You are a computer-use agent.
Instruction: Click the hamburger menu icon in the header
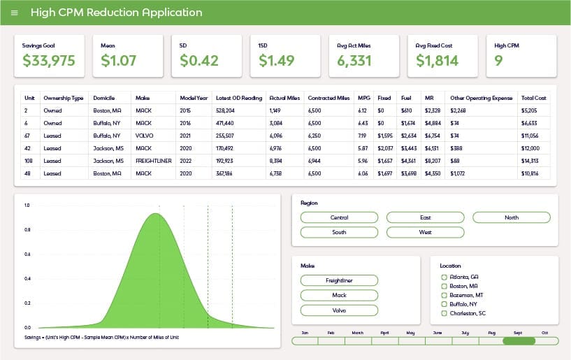(x=15, y=13)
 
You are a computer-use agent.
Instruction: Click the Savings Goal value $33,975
(x=49, y=61)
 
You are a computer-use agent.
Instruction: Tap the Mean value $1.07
(x=118, y=61)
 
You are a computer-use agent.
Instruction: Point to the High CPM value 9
(x=498, y=61)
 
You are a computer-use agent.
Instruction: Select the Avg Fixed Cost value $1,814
(x=437, y=61)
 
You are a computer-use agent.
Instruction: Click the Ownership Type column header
(x=64, y=98)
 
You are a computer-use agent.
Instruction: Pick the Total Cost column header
(x=533, y=98)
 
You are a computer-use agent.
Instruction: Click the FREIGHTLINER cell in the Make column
(x=153, y=161)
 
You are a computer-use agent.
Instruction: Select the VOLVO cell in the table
(x=144, y=136)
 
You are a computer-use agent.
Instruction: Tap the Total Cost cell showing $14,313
(x=530, y=161)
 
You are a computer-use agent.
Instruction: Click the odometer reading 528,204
(x=225, y=110)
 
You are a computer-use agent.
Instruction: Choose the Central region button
(x=340, y=217)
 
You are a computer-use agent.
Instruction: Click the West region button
(x=426, y=232)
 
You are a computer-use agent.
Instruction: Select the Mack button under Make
(x=340, y=295)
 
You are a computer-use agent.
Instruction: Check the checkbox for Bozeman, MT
(x=444, y=295)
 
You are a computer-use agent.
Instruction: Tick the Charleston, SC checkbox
(x=444, y=313)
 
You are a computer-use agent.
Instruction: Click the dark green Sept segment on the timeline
(x=519, y=341)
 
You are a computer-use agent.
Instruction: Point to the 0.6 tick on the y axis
(x=27, y=254)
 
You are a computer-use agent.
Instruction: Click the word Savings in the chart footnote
(x=32, y=338)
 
